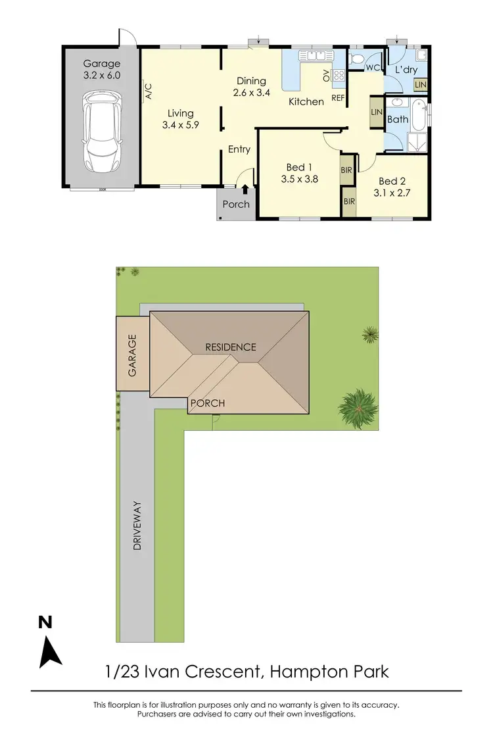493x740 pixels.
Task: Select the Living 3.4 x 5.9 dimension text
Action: (x=179, y=118)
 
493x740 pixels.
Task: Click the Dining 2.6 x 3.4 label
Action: (x=251, y=87)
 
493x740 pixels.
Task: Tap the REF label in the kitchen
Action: (x=339, y=99)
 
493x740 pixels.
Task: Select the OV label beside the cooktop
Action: (x=326, y=76)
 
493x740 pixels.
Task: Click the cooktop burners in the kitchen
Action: (x=339, y=76)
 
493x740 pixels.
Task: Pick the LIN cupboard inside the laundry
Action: (x=420, y=84)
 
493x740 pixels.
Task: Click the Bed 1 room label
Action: (x=299, y=172)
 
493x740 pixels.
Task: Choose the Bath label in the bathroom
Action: (x=398, y=120)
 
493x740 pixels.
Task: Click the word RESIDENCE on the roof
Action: (x=230, y=347)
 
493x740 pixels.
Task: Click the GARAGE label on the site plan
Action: (x=133, y=356)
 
